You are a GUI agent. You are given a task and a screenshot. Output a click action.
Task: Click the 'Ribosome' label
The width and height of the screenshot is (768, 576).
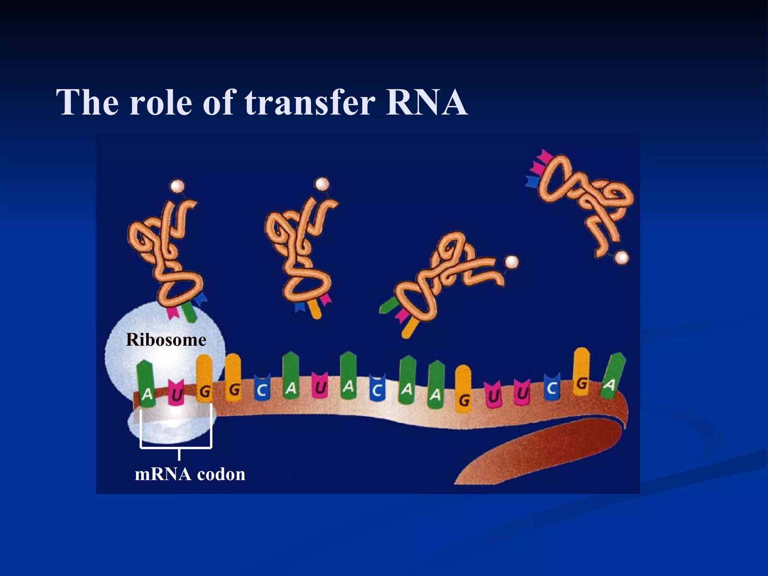point(166,340)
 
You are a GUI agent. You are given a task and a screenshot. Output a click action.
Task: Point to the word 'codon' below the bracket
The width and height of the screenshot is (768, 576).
point(221,474)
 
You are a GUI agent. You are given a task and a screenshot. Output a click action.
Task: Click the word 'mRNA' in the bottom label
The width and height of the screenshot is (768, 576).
point(163,474)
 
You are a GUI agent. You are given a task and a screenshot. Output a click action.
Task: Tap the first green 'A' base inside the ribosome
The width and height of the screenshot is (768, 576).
point(147,384)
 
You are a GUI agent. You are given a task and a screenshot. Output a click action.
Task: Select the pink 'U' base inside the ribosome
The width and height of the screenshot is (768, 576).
point(176,393)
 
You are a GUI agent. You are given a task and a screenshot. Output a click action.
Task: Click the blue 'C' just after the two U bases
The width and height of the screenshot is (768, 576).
point(551,388)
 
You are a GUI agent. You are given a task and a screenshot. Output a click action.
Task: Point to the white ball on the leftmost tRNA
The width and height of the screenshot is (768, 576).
point(177,186)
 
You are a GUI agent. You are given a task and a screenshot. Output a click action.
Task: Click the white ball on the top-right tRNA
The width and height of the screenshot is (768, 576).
point(622,257)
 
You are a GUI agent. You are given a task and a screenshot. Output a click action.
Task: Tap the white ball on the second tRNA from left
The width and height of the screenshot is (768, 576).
point(322,184)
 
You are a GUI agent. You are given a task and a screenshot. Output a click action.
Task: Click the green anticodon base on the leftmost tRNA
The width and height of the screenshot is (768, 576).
point(189,313)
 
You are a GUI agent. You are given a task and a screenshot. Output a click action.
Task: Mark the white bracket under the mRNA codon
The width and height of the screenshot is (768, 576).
point(176,447)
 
